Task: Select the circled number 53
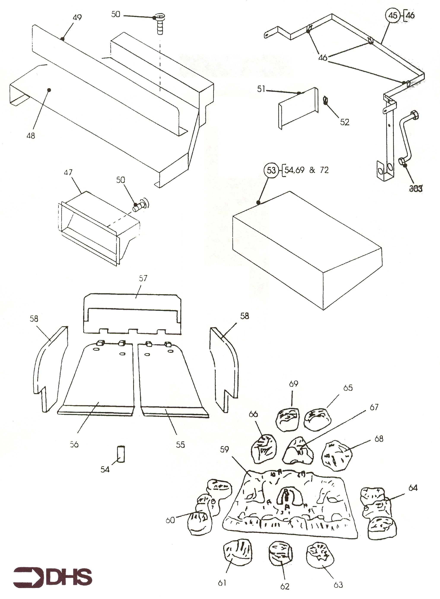pyautogui.click(x=271, y=170)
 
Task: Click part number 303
pyautogui.click(x=416, y=189)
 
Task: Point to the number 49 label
pyautogui.click(x=77, y=17)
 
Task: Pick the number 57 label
pyautogui.click(x=143, y=278)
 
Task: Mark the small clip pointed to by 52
pyautogui.click(x=325, y=101)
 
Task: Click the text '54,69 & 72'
pyautogui.click(x=307, y=170)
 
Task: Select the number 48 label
pyautogui.click(x=31, y=136)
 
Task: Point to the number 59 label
pyautogui.click(x=224, y=449)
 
